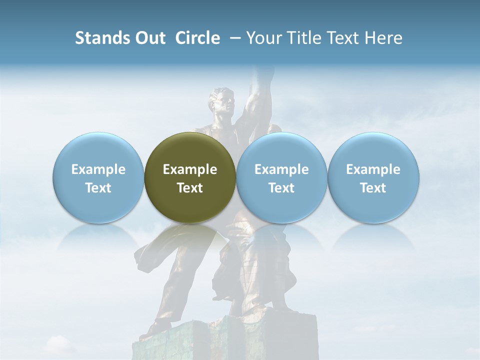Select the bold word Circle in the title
tap(197, 38)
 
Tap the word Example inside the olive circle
tap(190, 169)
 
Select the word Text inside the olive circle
tap(190, 188)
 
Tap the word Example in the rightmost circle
tap(373, 169)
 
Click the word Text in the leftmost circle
tap(98, 188)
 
